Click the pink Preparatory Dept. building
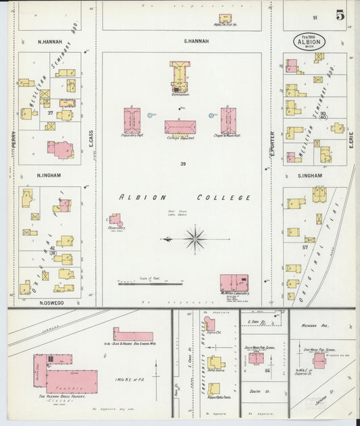pos(132,119)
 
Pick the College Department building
pos(180,127)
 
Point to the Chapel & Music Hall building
pos(228,119)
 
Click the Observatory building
pos(116,220)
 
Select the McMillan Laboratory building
pos(234,282)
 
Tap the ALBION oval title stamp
pos(309,41)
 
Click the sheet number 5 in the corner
pos(340,14)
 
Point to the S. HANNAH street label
pos(197,41)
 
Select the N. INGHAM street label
pos(50,174)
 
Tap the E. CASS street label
pos(91,139)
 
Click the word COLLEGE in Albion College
pos(224,198)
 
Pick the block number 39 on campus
pos(182,164)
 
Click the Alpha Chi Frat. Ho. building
pos(224,18)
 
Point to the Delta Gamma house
pos(216,363)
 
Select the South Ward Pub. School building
pos(256,357)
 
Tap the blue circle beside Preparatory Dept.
pos(150,115)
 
